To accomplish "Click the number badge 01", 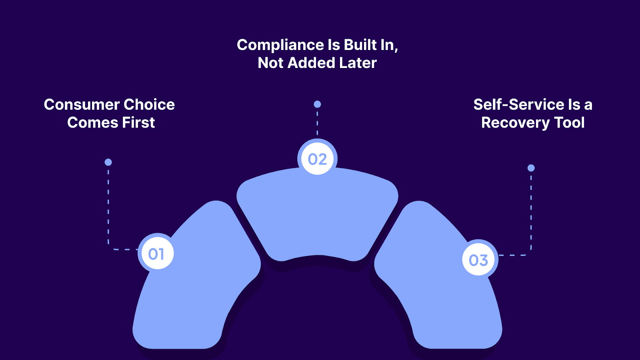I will tap(156, 254).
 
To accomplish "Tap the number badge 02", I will tap(317, 159).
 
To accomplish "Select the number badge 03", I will tap(478, 260).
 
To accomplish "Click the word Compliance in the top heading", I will tap(280, 45).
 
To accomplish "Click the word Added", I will tap(311, 63).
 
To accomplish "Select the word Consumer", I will tap(82, 105).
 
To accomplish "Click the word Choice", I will tap(149, 105).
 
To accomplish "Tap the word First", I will tap(138, 123).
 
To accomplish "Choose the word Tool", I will tap(569, 123).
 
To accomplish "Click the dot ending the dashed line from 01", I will tap(108, 162).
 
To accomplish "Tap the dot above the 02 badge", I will tap(317, 104).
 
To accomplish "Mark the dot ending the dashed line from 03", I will tap(531, 168).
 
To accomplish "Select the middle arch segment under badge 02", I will tap(317, 216).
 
